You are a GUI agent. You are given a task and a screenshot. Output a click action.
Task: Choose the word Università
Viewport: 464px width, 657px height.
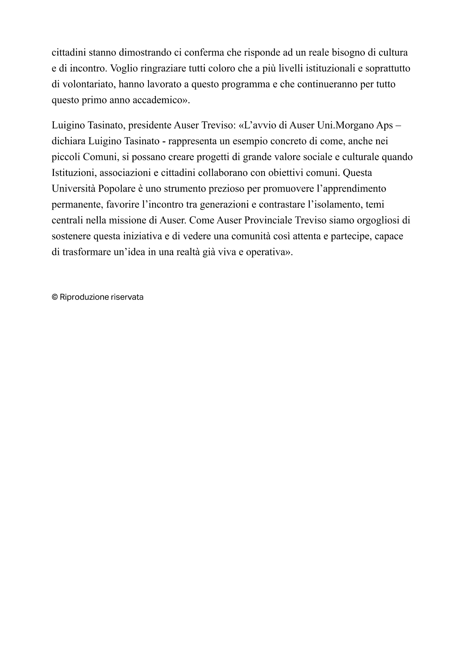click(73, 189)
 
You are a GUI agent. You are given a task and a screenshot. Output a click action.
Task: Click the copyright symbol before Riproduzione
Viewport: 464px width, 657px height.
click(55, 297)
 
